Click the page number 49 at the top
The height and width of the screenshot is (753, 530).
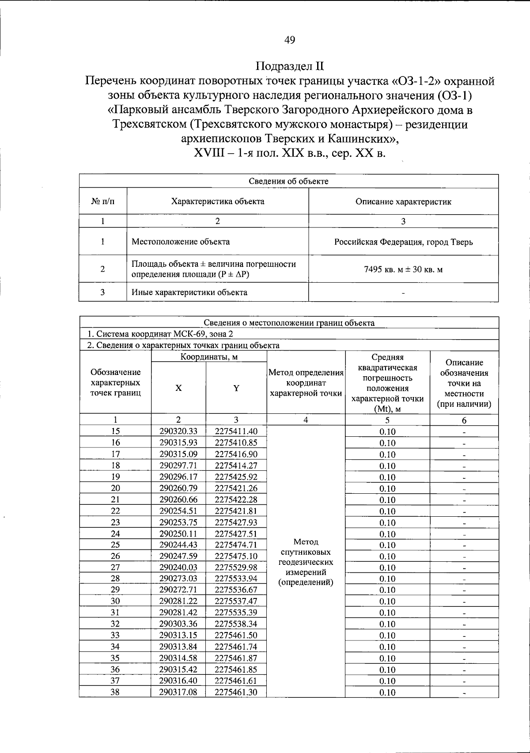coord(290,40)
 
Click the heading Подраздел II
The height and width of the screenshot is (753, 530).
coord(290,66)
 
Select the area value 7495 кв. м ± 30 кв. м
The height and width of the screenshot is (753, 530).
coord(403,269)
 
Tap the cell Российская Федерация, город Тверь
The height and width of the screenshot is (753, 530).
coord(403,242)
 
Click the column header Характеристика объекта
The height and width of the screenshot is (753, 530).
coord(217,201)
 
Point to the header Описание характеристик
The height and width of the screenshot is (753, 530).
coord(403,202)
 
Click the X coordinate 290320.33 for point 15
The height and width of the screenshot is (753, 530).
coord(178,431)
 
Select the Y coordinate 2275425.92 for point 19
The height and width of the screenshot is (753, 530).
coord(236,477)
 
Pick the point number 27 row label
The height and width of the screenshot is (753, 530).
coord(115,567)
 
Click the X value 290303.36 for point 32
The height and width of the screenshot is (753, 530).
coord(178,624)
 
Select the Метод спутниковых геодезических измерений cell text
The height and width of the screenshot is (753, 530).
coord(306,562)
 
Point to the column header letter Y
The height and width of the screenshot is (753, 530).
coord(236,388)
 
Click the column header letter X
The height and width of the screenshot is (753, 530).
coord(178,388)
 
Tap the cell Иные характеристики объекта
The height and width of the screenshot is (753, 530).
coord(189,292)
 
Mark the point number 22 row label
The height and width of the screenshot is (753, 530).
coord(115,511)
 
